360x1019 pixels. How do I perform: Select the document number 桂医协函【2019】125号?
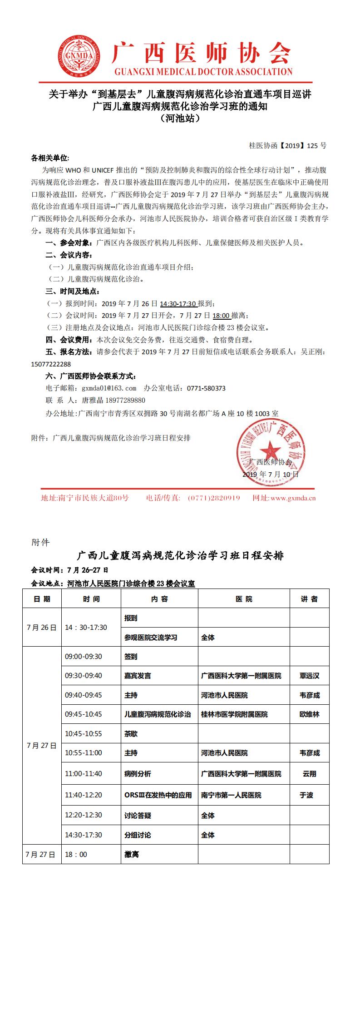coord(287,146)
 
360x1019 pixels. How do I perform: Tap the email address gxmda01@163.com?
coord(109,388)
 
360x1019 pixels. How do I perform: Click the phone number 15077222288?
coord(51,364)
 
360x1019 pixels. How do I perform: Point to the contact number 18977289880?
coord(125,400)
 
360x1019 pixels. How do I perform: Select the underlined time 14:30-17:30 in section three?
coord(178,304)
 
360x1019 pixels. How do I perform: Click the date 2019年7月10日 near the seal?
coord(271,474)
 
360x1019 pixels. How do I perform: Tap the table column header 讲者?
coord(309,599)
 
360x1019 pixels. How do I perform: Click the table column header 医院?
coord(244,599)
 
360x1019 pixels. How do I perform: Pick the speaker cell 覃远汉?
coord(309,676)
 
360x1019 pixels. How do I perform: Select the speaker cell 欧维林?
coord(309,714)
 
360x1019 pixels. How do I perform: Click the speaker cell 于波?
coord(309,795)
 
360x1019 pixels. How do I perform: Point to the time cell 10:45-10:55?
coord(84,734)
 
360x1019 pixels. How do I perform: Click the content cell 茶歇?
coord(131,734)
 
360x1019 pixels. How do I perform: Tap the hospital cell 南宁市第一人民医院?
coord(231,795)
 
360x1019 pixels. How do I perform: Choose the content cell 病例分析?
coord(138,774)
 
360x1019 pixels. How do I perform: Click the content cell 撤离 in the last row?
coord(132,855)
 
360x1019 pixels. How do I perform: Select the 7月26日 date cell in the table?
coord(42,628)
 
